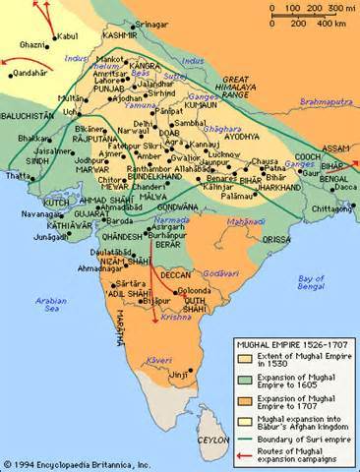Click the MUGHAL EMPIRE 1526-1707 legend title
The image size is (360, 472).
coord(294,343)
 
